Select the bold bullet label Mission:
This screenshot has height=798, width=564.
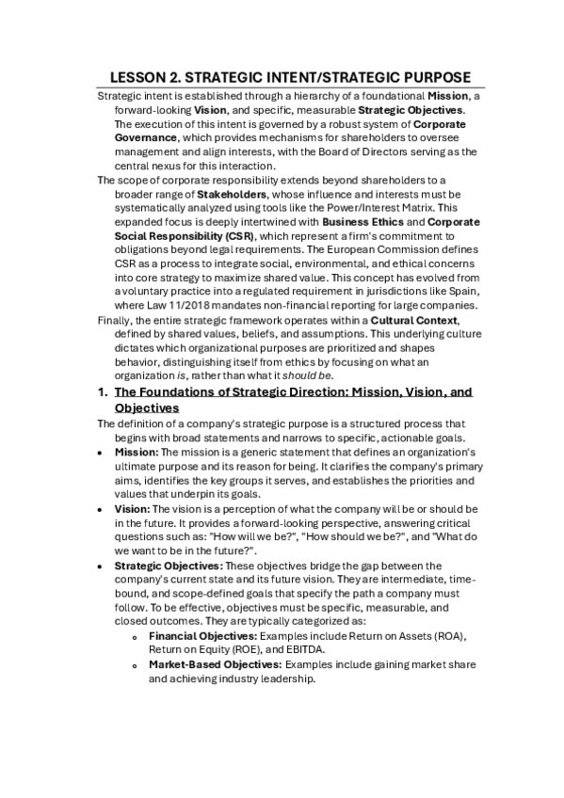(137, 453)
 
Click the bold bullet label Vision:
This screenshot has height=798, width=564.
(133, 509)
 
